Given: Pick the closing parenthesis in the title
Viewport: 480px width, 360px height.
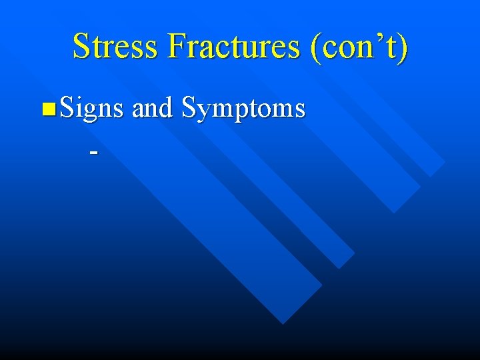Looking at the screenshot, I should click(x=401, y=48).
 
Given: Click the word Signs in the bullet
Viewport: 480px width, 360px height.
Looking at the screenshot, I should click(x=91, y=107).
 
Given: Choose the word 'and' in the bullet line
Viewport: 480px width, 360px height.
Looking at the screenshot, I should click(x=152, y=107).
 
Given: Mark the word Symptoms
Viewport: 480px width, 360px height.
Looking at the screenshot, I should click(x=243, y=109).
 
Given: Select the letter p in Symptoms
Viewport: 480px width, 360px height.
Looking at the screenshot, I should click(x=239, y=111).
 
